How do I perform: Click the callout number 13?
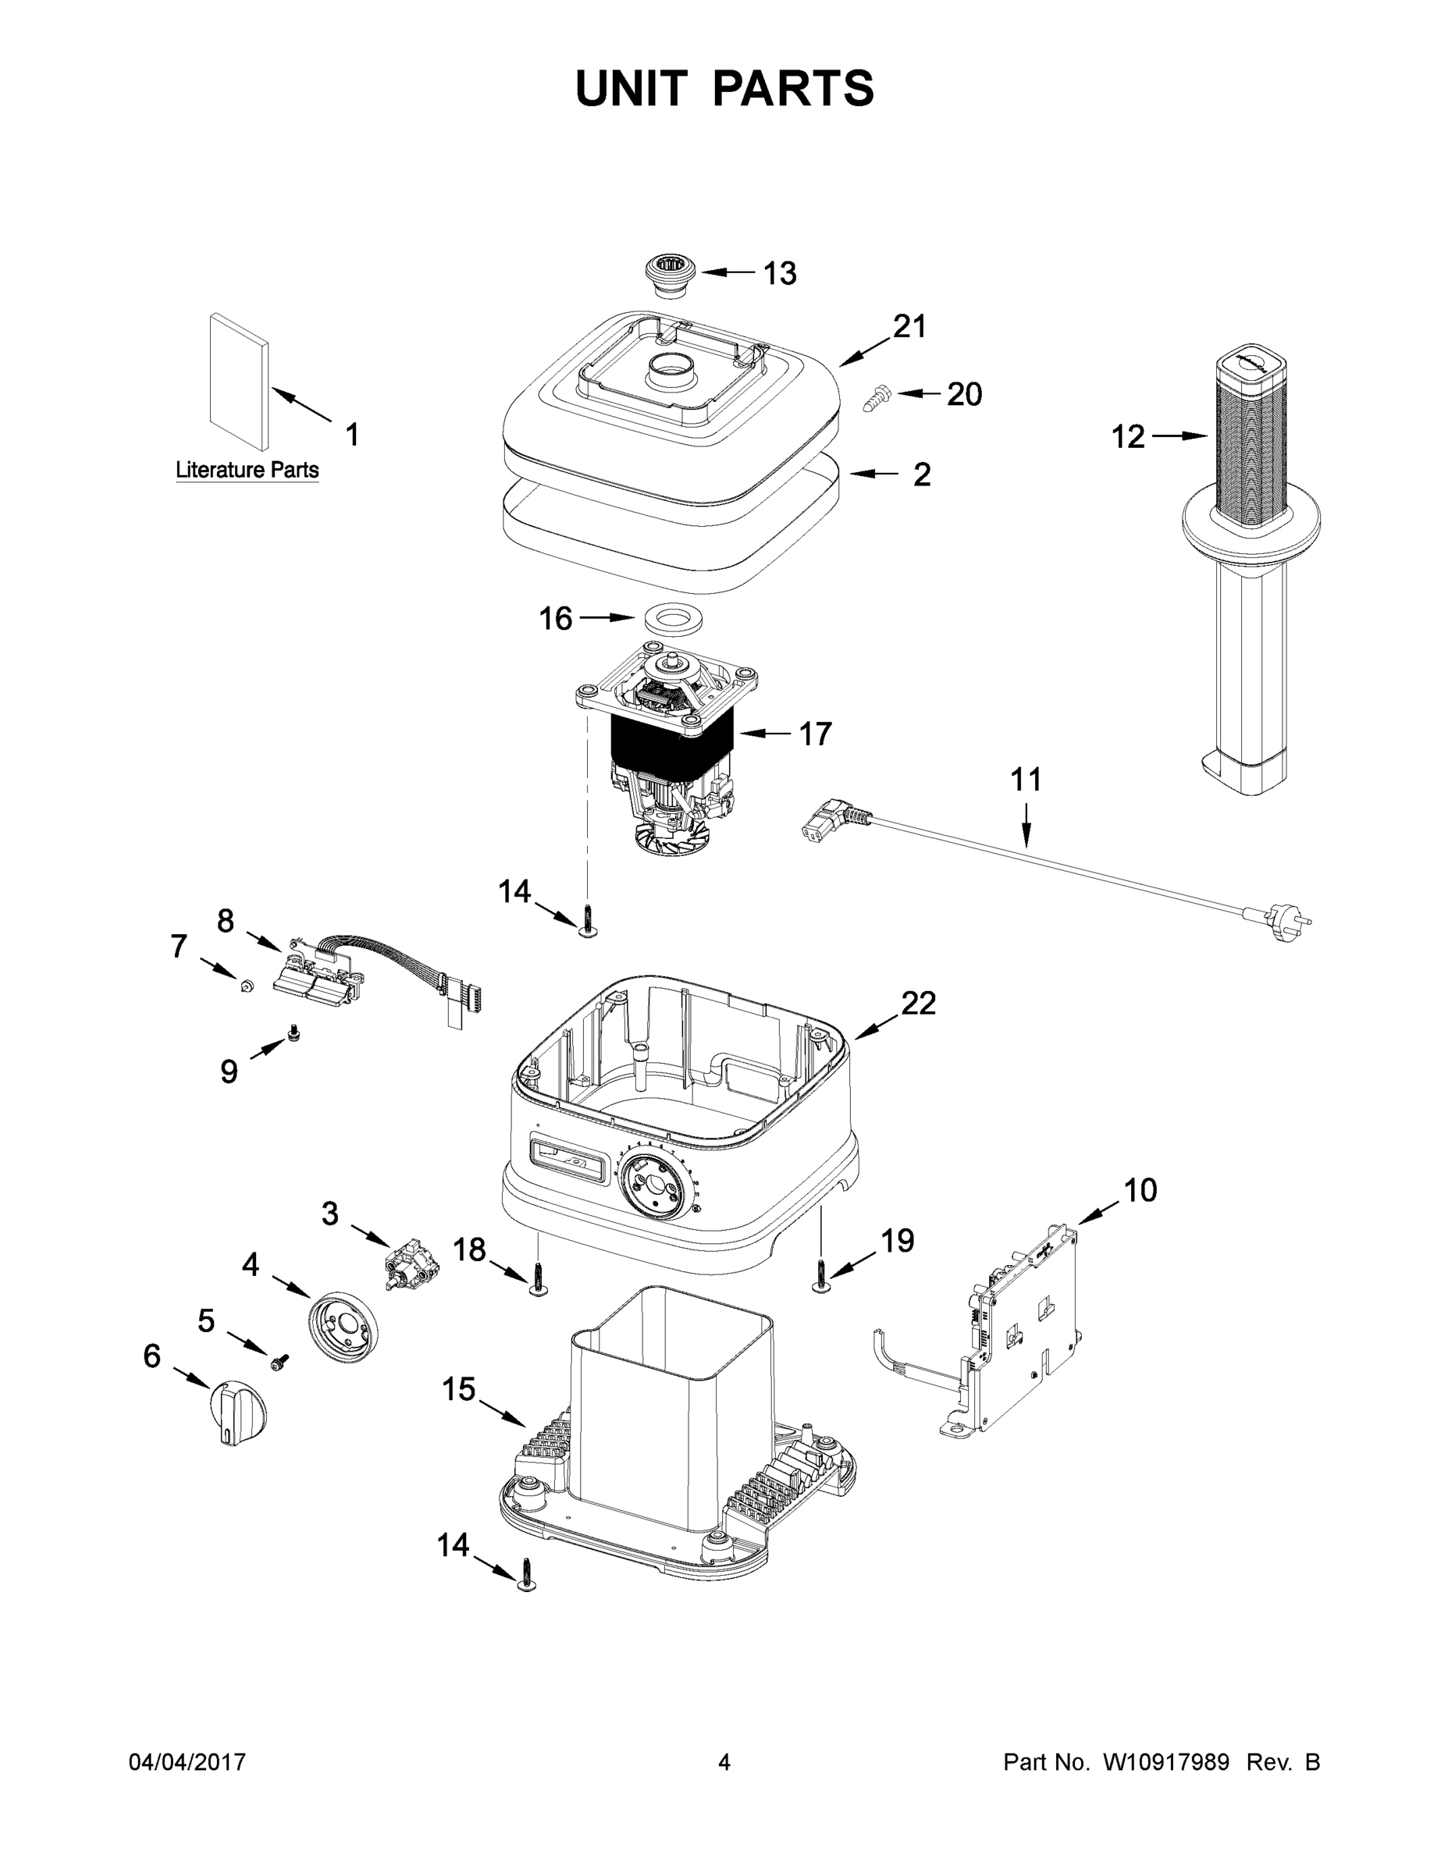780,274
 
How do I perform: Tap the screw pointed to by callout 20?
877,398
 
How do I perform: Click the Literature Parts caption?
247,470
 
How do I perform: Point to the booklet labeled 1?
239,382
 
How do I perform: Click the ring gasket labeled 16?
671,619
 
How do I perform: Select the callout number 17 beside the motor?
815,734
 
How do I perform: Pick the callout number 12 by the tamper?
1128,437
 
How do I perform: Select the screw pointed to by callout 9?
296,1032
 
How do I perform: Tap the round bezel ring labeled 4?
342,1327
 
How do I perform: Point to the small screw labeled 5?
279,1361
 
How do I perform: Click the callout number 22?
918,1003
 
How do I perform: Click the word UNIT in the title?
631,88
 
